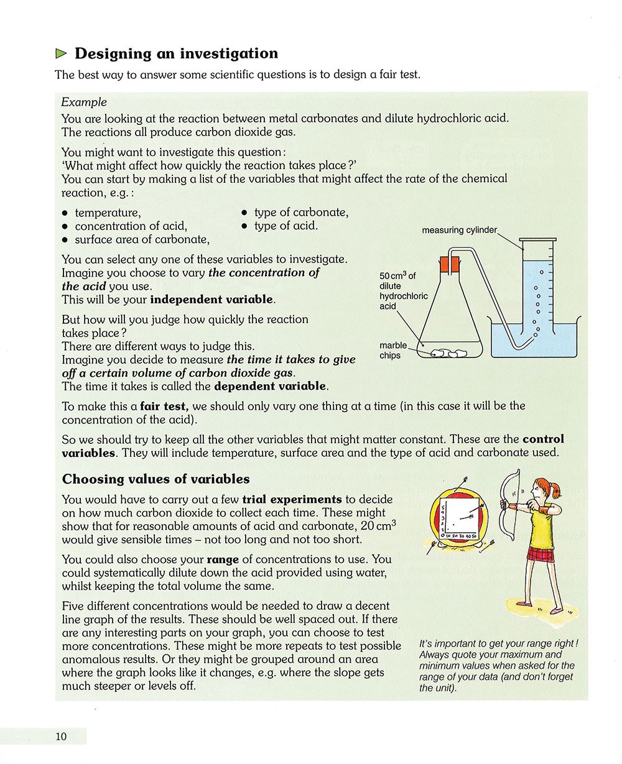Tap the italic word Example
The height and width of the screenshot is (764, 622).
tap(84, 102)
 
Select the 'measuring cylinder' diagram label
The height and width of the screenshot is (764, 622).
tap(459, 230)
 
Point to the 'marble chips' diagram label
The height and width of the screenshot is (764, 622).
tap(392, 351)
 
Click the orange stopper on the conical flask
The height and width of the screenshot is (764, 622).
tap(450, 264)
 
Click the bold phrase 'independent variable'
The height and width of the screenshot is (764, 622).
tap(212, 300)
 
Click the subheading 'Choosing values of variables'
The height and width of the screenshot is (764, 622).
tap(156, 479)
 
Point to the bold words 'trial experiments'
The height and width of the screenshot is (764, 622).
tap(292, 499)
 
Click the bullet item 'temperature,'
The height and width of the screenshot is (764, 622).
tap(108, 213)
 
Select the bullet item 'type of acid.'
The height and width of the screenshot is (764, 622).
tap(285, 226)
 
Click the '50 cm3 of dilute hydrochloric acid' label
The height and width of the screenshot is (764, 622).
tap(403, 291)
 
